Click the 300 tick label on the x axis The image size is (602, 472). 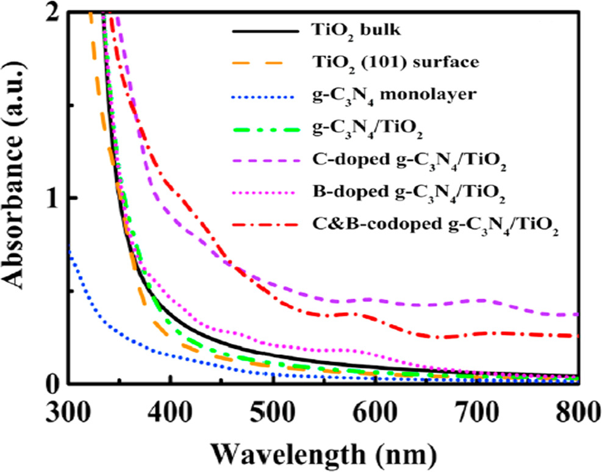pyautogui.click(x=68, y=412)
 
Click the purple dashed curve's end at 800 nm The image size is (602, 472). pyautogui.click(x=576, y=315)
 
